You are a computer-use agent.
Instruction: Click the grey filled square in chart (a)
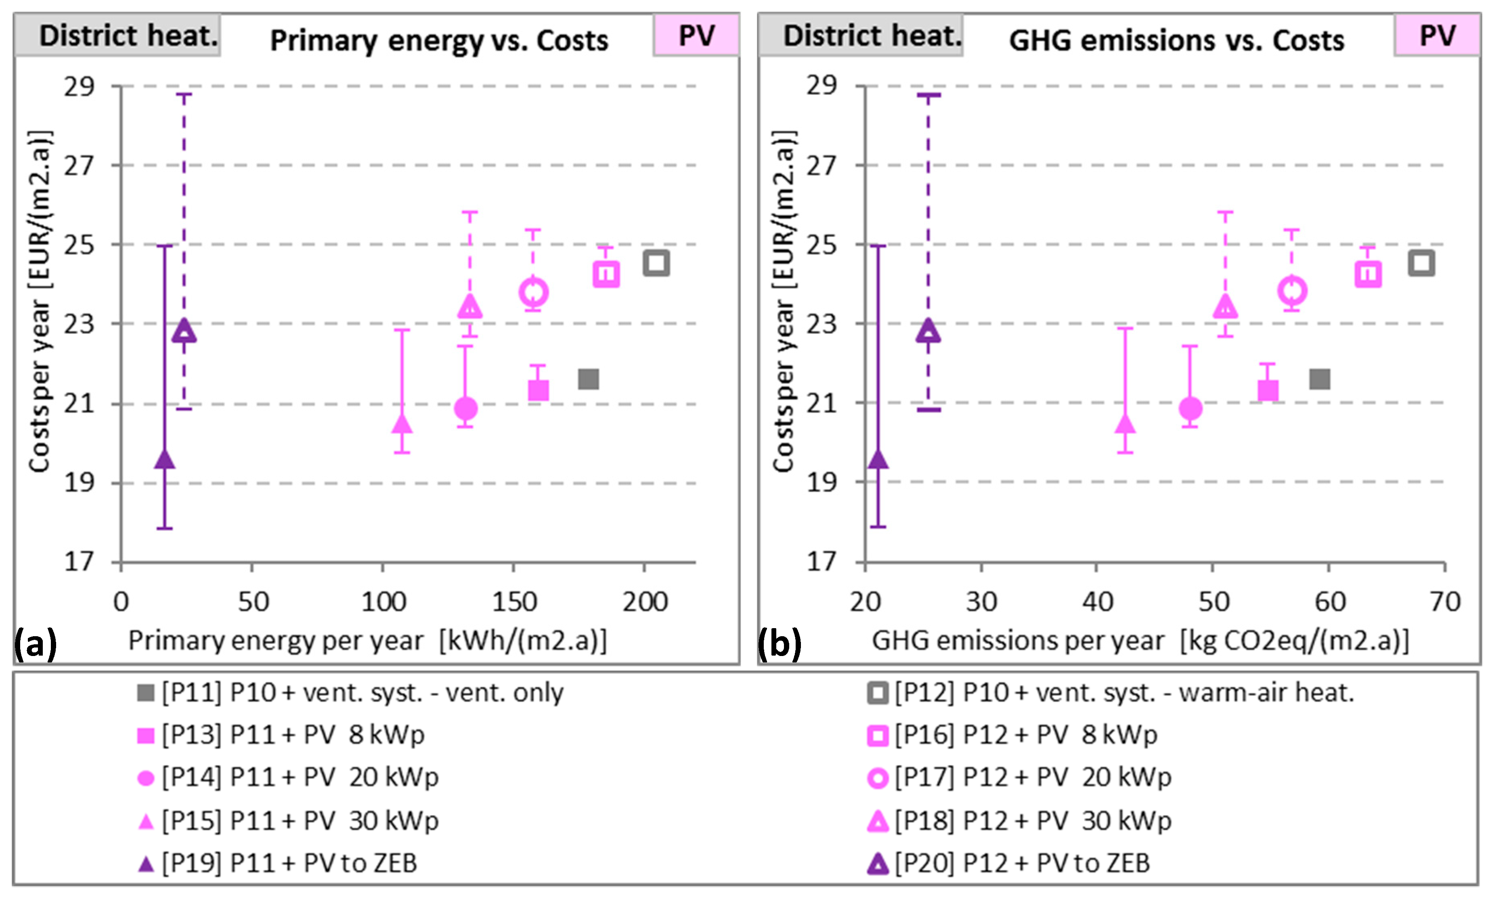[588, 379]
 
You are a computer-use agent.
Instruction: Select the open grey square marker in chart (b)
[1421, 263]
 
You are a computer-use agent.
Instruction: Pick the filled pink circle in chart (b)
[1190, 409]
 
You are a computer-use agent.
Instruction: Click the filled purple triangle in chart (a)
[164, 460]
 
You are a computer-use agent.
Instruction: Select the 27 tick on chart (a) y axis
[80, 165]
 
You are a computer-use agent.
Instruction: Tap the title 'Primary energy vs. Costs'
[439, 40]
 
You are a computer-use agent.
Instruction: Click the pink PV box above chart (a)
[696, 36]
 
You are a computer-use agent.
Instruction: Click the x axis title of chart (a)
[367, 641]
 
